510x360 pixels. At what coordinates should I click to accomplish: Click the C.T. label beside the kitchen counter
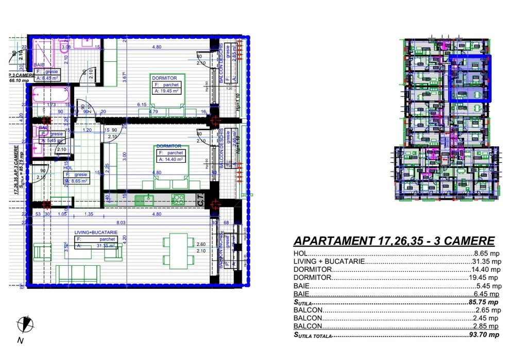[201, 200]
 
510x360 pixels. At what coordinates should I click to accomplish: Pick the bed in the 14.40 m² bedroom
[168, 181]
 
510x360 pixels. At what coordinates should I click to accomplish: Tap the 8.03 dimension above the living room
[121, 222]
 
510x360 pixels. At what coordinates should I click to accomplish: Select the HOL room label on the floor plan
[67, 168]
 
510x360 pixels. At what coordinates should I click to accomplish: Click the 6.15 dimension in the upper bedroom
[142, 105]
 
